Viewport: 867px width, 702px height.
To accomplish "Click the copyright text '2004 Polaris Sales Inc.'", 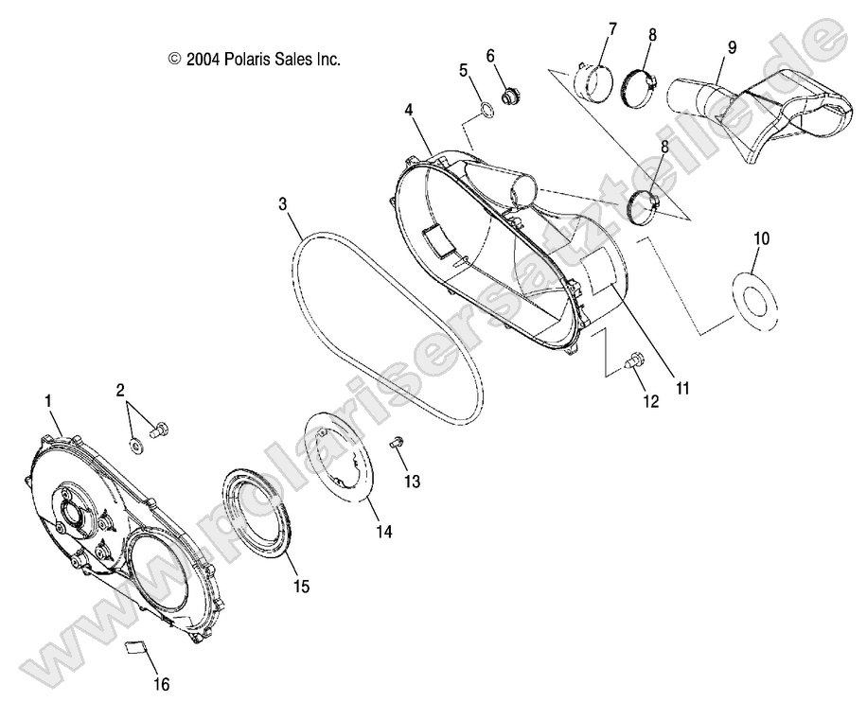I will [x=254, y=59].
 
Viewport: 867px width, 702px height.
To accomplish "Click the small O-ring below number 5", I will [x=484, y=112].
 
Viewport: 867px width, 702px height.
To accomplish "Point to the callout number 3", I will [x=283, y=203].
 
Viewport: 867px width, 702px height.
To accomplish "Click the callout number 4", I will [x=409, y=110].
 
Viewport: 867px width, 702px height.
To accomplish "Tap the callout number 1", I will [x=48, y=401].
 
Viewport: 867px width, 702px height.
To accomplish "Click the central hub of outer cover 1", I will [x=72, y=512].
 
